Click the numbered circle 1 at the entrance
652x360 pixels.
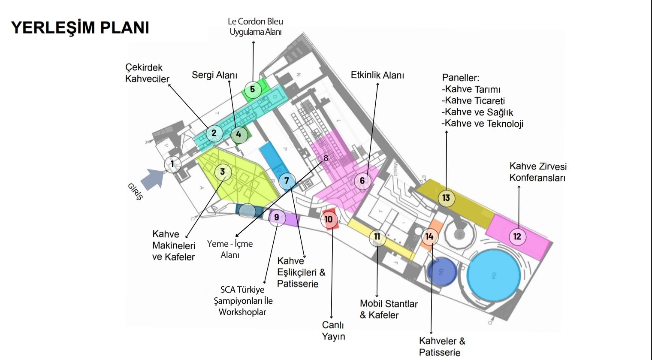click(x=172, y=164)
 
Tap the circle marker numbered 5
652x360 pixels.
click(x=253, y=90)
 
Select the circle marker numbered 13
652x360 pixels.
click(x=446, y=198)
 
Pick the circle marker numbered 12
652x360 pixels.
click(x=517, y=236)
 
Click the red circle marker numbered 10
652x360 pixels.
click(x=329, y=219)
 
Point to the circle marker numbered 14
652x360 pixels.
click(x=429, y=236)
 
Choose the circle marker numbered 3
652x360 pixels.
click(x=223, y=172)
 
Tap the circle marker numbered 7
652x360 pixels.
click(x=287, y=181)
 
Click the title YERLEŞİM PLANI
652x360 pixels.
click(x=80, y=27)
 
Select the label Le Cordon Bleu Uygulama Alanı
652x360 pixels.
click(x=256, y=27)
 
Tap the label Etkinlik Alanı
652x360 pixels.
click(x=377, y=76)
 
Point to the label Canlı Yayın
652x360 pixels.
click(x=333, y=330)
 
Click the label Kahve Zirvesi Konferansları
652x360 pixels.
click(x=538, y=172)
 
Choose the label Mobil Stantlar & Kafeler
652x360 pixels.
click(x=389, y=309)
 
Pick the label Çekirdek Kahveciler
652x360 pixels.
click(x=147, y=73)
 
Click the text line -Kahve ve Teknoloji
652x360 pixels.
click(x=483, y=124)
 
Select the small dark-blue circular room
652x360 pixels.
click(x=441, y=272)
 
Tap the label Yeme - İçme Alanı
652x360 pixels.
click(x=230, y=249)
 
